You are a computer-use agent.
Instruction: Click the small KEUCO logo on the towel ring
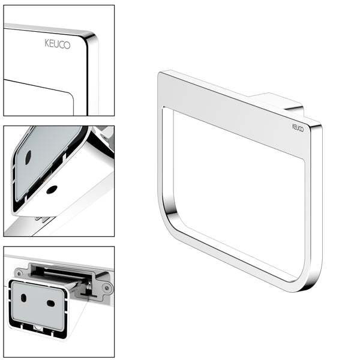[x=298, y=127]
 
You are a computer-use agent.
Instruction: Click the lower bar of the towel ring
[x=240, y=258]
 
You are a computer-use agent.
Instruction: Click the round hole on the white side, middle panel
[x=52, y=190]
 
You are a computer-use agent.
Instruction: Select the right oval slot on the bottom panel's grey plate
[x=51, y=303]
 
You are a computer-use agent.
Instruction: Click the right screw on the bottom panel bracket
[x=107, y=289]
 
